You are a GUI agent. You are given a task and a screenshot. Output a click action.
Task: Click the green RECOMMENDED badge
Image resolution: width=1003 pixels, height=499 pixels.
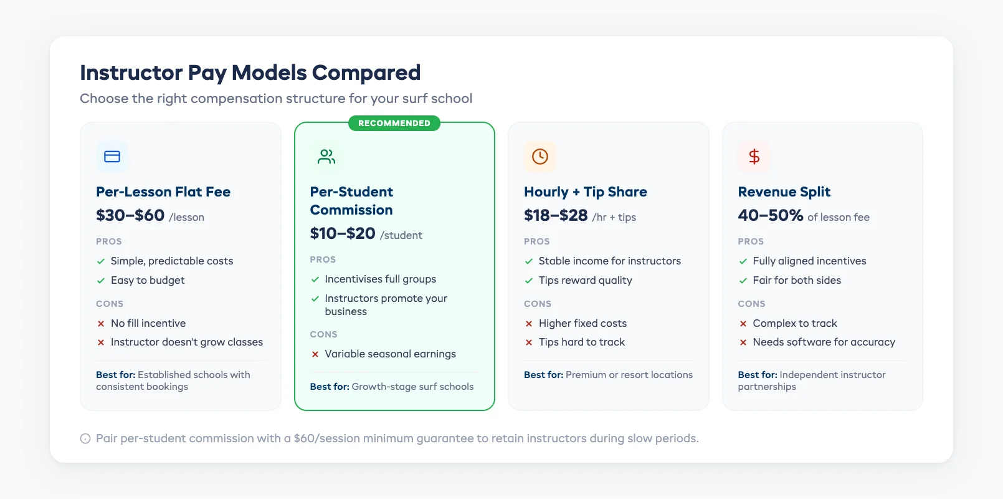pyautogui.click(x=394, y=123)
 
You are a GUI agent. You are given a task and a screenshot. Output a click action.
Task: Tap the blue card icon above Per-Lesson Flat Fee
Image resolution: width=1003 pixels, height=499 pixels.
pyautogui.click(x=112, y=157)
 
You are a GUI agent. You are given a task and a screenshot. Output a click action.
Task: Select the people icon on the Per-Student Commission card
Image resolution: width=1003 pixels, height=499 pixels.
pyautogui.click(x=326, y=157)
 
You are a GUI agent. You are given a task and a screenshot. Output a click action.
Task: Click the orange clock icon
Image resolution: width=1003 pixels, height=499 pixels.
pyautogui.click(x=540, y=157)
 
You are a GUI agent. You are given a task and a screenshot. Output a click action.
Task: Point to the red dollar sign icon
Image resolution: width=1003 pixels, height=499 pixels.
pyautogui.click(x=754, y=157)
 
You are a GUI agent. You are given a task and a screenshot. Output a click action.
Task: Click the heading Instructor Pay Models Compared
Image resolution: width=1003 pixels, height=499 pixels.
pyautogui.click(x=250, y=72)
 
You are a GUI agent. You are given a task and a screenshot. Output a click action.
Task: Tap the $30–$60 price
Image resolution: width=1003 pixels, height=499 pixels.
pyautogui.click(x=130, y=215)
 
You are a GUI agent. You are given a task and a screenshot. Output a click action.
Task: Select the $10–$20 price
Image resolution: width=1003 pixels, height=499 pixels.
pyautogui.click(x=343, y=233)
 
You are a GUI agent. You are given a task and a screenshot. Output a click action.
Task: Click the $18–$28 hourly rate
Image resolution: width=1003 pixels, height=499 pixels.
pyautogui.click(x=556, y=215)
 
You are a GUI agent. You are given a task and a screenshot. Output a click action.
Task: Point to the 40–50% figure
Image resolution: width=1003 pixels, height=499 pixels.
pyautogui.click(x=770, y=215)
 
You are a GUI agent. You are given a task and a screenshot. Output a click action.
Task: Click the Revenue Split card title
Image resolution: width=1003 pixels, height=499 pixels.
pyautogui.click(x=784, y=191)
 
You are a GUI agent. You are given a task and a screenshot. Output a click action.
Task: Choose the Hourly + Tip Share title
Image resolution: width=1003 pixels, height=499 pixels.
pyautogui.click(x=585, y=191)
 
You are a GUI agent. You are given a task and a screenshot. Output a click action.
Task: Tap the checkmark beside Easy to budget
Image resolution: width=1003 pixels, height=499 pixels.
pyautogui.click(x=101, y=281)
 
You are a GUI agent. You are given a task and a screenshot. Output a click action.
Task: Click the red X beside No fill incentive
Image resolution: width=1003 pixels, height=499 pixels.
pyautogui.click(x=101, y=324)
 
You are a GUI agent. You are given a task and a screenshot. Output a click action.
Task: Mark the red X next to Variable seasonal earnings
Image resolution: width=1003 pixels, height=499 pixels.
pyautogui.click(x=315, y=354)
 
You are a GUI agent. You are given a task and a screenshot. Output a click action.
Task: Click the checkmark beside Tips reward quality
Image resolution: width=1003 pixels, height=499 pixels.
pyautogui.click(x=529, y=281)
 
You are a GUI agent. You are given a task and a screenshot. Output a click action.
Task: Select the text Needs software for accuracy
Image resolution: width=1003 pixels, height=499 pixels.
pyautogui.click(x=824, y=342)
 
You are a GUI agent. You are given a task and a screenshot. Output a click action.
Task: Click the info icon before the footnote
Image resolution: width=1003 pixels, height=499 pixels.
pyautogui.click(x=85, y=438)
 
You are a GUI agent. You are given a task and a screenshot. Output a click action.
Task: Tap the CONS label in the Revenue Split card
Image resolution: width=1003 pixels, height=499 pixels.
pyautogui.click(x=751, y=304)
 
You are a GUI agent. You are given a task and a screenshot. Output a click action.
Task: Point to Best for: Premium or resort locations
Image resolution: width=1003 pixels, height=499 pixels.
pyautogui.click(x=608, y=374)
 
